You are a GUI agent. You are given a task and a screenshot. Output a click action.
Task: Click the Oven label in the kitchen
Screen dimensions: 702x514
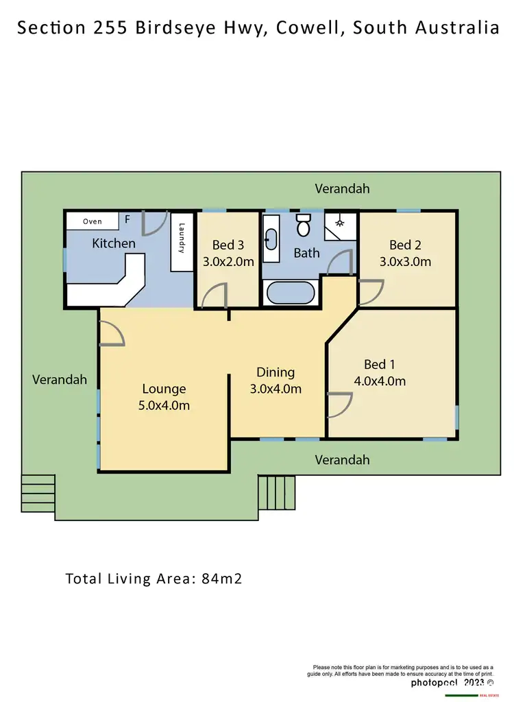pos(93,221)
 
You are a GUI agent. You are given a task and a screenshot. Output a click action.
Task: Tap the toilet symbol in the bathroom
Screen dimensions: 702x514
pos(303,224)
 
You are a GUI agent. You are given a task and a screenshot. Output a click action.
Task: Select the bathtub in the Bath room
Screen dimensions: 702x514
pos(290,293)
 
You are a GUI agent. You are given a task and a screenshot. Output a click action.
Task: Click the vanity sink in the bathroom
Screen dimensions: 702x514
pos(271,239)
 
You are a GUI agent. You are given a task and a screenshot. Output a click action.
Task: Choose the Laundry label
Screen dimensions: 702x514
pos(182,238)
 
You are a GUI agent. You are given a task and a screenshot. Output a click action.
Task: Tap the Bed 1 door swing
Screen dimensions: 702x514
pos(336,404)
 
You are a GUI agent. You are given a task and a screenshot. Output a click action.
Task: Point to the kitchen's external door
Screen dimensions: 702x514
pos(154,222)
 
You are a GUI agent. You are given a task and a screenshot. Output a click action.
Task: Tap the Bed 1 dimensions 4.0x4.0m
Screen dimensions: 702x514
pos(380,381)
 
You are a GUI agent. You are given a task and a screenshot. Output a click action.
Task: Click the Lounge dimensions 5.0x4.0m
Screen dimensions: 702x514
pos(164,405)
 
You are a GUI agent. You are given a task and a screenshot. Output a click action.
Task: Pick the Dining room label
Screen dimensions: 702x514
pos(276,372)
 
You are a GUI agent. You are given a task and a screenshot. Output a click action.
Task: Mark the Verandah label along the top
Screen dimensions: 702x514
pos(342,188)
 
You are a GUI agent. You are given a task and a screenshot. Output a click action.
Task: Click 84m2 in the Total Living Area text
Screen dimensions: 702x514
pos(221,578)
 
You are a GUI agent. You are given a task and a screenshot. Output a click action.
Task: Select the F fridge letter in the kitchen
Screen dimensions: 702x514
pos(127,220)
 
